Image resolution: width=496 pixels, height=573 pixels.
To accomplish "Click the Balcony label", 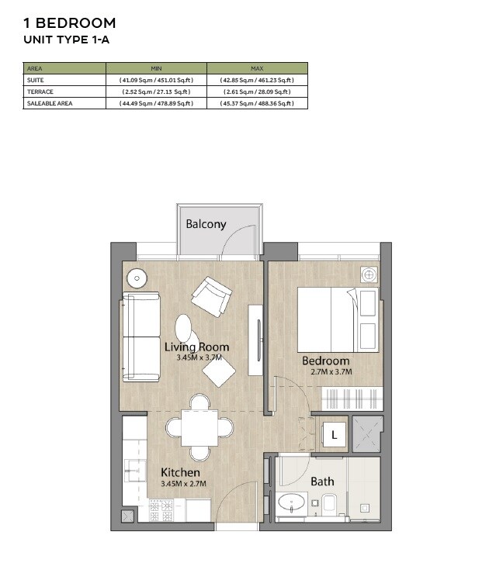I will (206, 224).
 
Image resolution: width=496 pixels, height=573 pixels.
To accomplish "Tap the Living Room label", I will (196, 347).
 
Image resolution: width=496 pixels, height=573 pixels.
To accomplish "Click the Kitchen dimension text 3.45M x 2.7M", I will (181, 484).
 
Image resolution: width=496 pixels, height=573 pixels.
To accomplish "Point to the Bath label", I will (322, 482).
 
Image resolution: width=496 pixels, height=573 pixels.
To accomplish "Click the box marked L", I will (334, 436).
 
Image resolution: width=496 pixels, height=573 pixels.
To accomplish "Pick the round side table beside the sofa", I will (137, 278).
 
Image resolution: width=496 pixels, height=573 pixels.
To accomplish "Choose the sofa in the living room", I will (140, 336).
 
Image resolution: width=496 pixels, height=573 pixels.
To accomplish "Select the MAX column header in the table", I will (257, 68).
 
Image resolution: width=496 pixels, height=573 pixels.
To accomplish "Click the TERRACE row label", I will (40, 91).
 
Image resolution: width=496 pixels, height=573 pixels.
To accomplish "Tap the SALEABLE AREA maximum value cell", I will (257, 103).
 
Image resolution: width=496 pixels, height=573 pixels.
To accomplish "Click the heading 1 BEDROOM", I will (70, 23).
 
